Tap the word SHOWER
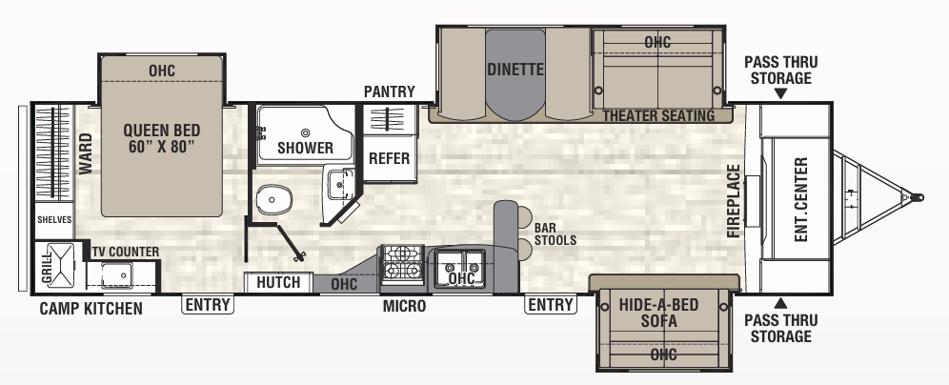click(x=305, y=148)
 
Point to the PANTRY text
click(x=390, y=91)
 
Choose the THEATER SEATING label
click(x=658, y=115)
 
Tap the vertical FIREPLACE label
click(x=733, y=201)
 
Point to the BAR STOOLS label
click(x=555, y=234)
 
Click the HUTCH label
click(x=278, y=282)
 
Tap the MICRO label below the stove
click(x=405, y=307)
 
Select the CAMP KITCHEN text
click(x=91, y=308)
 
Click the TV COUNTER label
click(x=126, y=252)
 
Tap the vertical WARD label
click(x=86, y=154)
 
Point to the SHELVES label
click(x=54, y=218)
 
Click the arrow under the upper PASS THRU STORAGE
click(x=780, y=94)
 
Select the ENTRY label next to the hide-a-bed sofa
click(x=551, y=305)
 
